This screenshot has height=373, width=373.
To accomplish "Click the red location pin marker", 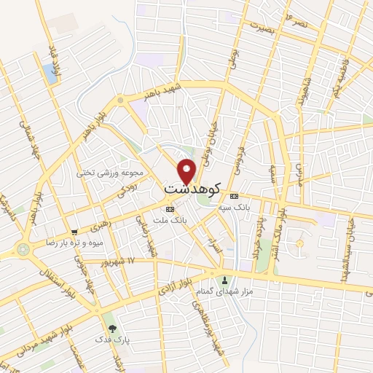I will (187, 170).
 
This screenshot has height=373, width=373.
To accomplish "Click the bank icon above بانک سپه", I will (234, 197).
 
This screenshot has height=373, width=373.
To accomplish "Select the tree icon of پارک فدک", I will (111, 328).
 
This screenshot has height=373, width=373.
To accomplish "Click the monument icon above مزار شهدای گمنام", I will (224, 280).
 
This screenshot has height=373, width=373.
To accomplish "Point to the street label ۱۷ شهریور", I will (120, 261).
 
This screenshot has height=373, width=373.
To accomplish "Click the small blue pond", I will (49, 72).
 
